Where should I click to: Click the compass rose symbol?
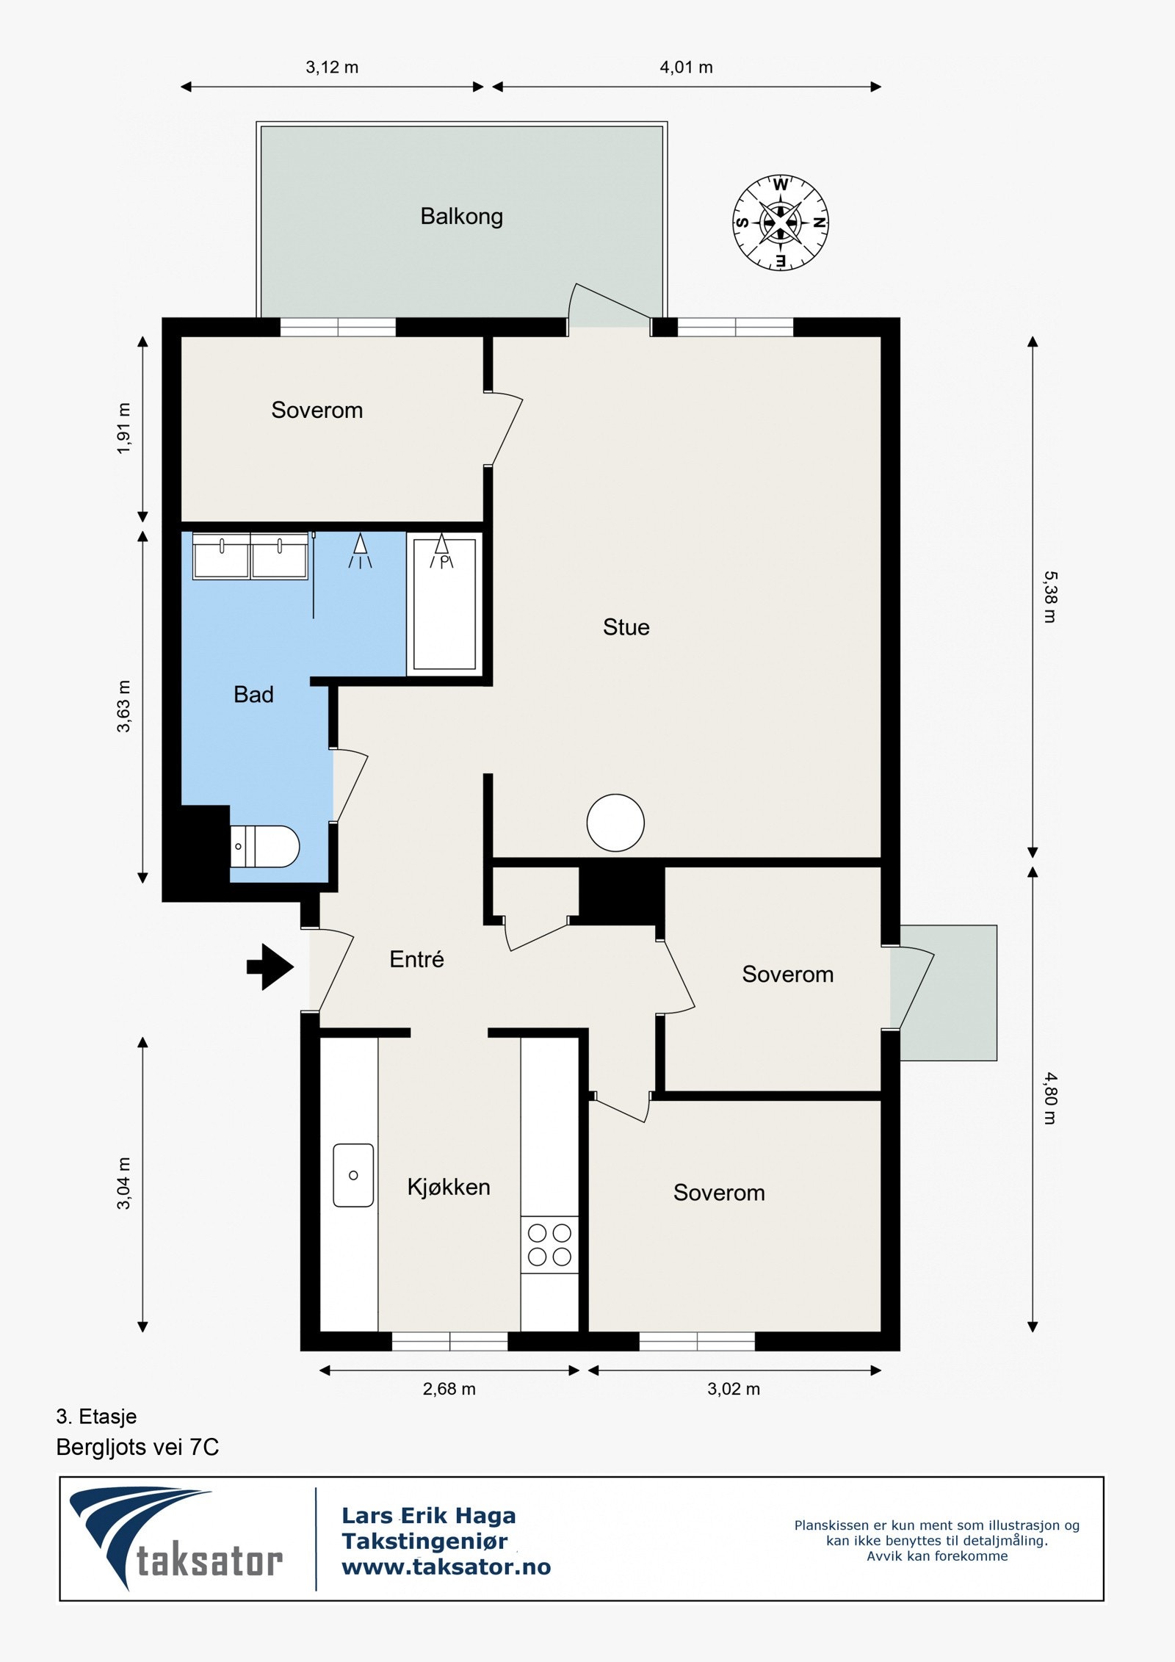[780, 223]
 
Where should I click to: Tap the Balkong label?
[461, 217]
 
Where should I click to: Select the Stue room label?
[626, 627]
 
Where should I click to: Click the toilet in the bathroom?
[264, 846]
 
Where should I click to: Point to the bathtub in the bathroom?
[444, 604]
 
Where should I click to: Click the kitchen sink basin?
[353, 1175]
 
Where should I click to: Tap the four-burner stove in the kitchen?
[549, 1245]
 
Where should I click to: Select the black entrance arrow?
[270, 967]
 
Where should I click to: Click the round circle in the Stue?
[615, 823]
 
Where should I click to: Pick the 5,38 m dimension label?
[1050, 597]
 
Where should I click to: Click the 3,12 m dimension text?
[332, 68]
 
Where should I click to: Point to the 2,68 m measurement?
[449, 1389]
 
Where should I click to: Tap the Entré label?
[416, 959]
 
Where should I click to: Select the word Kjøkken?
[449, 1187]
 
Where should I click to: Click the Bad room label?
[253, 695]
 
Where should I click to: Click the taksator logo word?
[210, 1562]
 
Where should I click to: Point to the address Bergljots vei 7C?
[137, 1447]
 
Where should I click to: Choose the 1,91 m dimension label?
[123, 428]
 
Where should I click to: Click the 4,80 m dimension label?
[1050, 1099]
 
